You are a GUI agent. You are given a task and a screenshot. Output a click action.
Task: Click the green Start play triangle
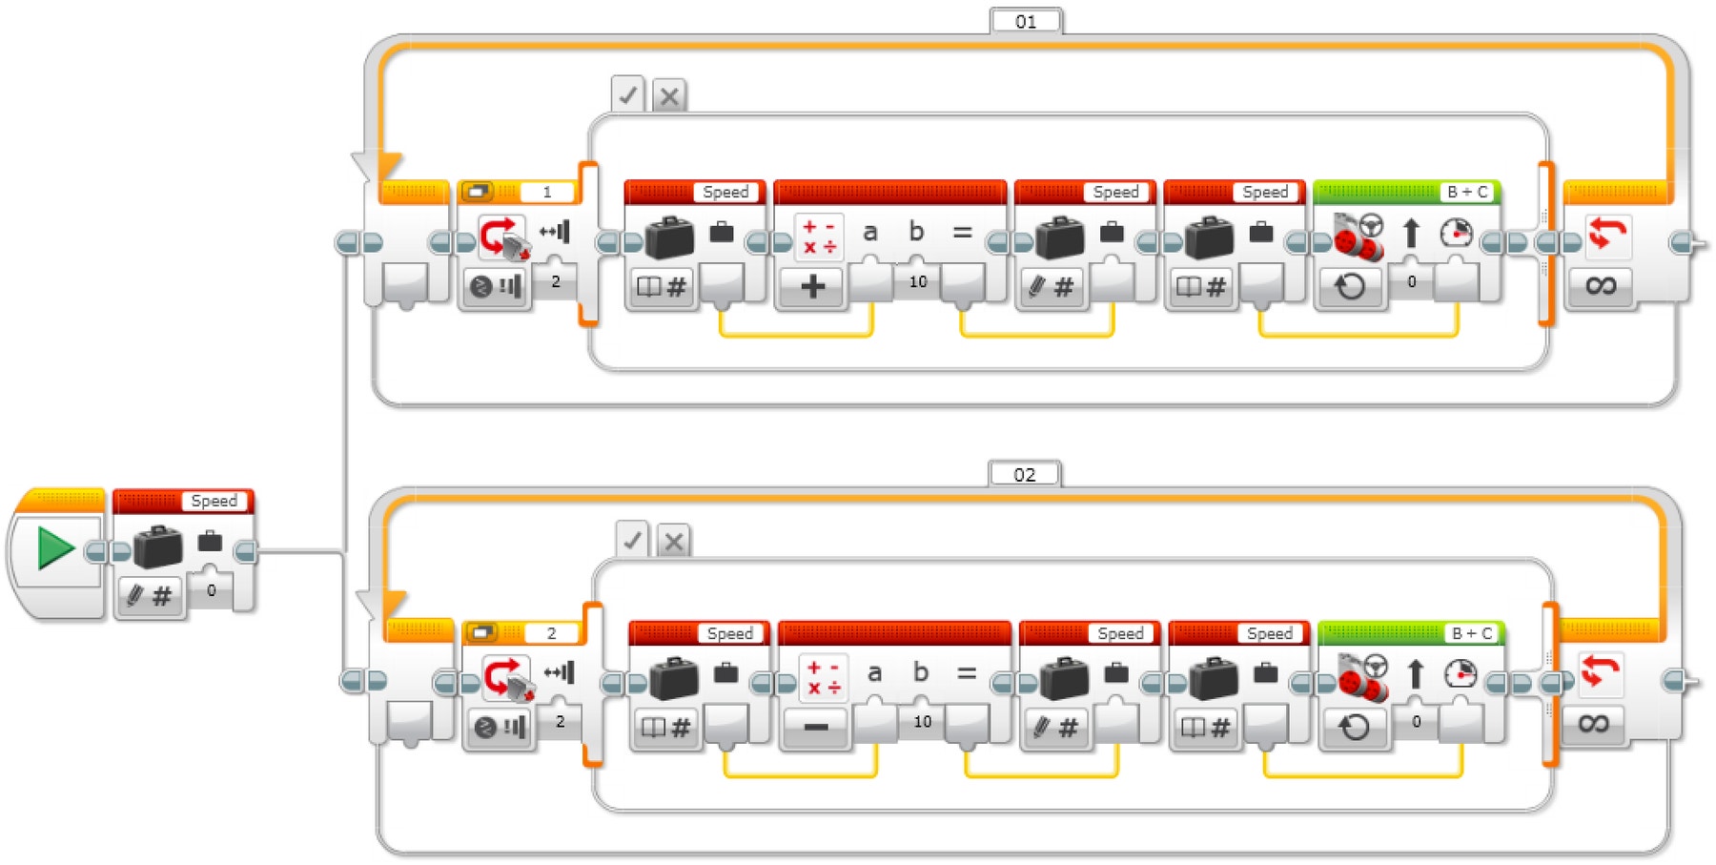[55, 549]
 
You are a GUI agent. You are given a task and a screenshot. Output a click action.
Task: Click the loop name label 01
[1026, 21]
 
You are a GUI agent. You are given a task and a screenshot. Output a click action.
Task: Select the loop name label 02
[1024, 474]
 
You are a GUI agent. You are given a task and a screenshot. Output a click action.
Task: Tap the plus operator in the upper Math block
[812, 285]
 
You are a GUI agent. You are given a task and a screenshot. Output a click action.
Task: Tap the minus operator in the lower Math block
[816, 727]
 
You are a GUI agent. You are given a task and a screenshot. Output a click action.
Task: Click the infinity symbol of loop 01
[1601, 284]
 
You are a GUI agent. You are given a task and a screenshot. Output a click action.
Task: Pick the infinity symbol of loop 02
[1594, 724]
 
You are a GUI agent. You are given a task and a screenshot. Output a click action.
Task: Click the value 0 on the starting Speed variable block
[212, 590]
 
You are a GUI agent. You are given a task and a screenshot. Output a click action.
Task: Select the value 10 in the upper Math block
[918, 281]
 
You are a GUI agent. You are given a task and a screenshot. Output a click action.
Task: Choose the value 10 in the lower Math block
[922, 721]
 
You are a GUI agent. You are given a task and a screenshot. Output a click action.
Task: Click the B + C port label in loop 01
[1467, 192]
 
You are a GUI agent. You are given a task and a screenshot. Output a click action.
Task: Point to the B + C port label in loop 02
[1472, 633]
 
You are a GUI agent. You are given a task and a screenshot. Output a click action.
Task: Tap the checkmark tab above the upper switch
[628, 95]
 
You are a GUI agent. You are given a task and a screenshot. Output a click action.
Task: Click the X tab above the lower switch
[674, 541]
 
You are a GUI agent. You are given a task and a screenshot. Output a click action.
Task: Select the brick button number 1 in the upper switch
[547, 192]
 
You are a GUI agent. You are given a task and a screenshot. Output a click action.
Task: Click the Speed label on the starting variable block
[214, 501]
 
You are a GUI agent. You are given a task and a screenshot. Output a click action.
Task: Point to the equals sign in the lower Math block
[967, 672]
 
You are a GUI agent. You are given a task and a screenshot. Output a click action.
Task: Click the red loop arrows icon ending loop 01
[1607, 233]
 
